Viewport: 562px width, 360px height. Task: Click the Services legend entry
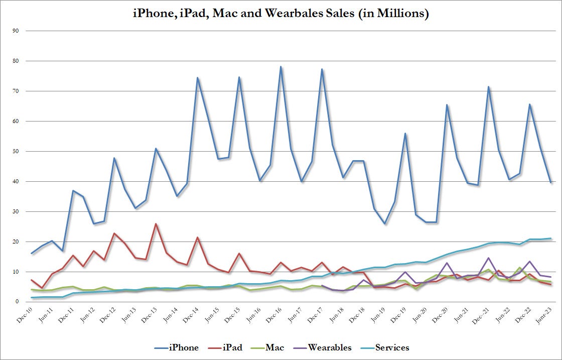(x=392, y=347)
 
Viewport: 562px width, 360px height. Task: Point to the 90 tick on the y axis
(x=16, y=31)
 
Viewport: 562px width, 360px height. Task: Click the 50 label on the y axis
(x=16, y=152)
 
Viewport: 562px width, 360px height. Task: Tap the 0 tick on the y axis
(x=17, y=302)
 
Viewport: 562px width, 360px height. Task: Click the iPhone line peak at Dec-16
(x=280, y=67)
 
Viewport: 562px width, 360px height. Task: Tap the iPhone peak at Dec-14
(x=198, y=78)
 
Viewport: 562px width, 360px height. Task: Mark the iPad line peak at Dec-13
(x=156, y=224)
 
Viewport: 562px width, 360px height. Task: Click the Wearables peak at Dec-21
(x=488, y=258)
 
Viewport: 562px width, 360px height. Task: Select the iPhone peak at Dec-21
(x=488, y=87)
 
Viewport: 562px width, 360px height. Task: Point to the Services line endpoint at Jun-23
(x=550, y=238)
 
